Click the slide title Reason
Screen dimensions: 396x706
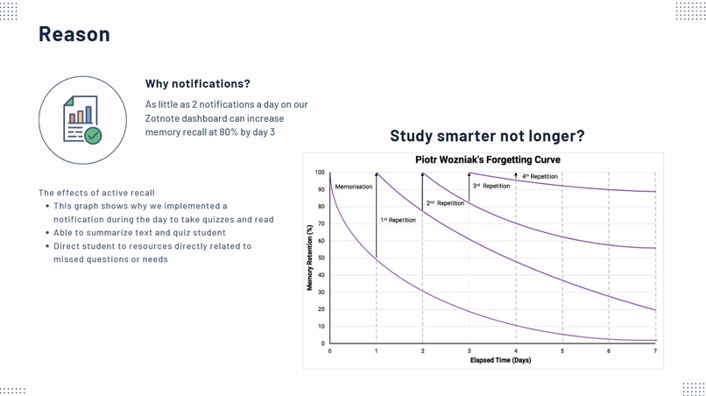[x=74, y=34]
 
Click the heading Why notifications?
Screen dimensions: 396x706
[x=198, y=84]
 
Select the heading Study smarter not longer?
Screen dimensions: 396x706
[x=487, y=137]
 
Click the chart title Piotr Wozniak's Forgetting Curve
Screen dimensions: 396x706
[x=487, y=160]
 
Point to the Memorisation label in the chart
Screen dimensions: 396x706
[x=354, y=187]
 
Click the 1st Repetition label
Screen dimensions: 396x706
[x=398, y=220]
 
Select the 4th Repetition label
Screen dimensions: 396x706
[x=540, y=177]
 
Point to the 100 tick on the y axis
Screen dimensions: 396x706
[x=321, y=173]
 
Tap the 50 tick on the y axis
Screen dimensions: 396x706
[x=321, y=258]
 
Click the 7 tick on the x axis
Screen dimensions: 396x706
[x=654, y=350]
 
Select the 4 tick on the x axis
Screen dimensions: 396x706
[x=515, y=350]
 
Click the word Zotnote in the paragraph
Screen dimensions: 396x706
[x=164, y=118]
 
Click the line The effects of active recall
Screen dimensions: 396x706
[x=96, y=193]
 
